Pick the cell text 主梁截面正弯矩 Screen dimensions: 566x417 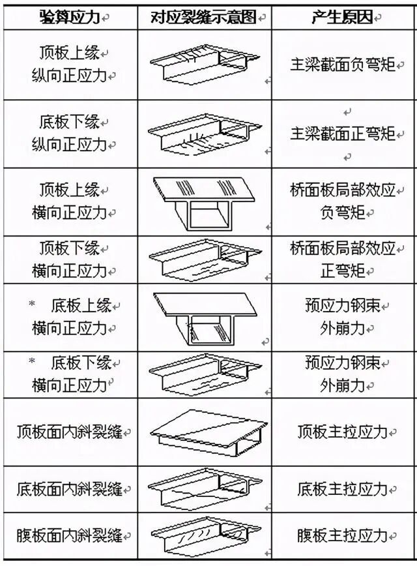pyautogui.click(x=343, y=134)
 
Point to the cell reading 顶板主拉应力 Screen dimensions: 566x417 pyautogui.click(x=342, y=432)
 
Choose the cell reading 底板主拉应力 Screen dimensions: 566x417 pyautogui.click(x=342, y=489)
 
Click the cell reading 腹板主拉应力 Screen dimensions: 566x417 pyautogui.click(x=342, y=536)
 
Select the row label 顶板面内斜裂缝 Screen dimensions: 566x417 pyautogui.click(x=70, y=432)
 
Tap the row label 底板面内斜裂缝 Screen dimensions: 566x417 pyautogui.click(x=70, y=489)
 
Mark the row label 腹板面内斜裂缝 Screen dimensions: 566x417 pyautogui.click(x=70, y=536)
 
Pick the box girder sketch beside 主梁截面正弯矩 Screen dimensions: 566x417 pyautogui.click(x=204, y=134)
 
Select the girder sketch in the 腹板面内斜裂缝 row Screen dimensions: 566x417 pyautogui.click(x=204, y=536)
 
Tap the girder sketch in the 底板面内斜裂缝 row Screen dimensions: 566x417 pyautogui.click(x=204, y=489)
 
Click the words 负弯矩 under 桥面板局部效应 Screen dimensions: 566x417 pyautogui.click(x=343, y=213)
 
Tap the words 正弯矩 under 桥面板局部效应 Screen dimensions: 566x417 pyautogui.click(x=343, y=271)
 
